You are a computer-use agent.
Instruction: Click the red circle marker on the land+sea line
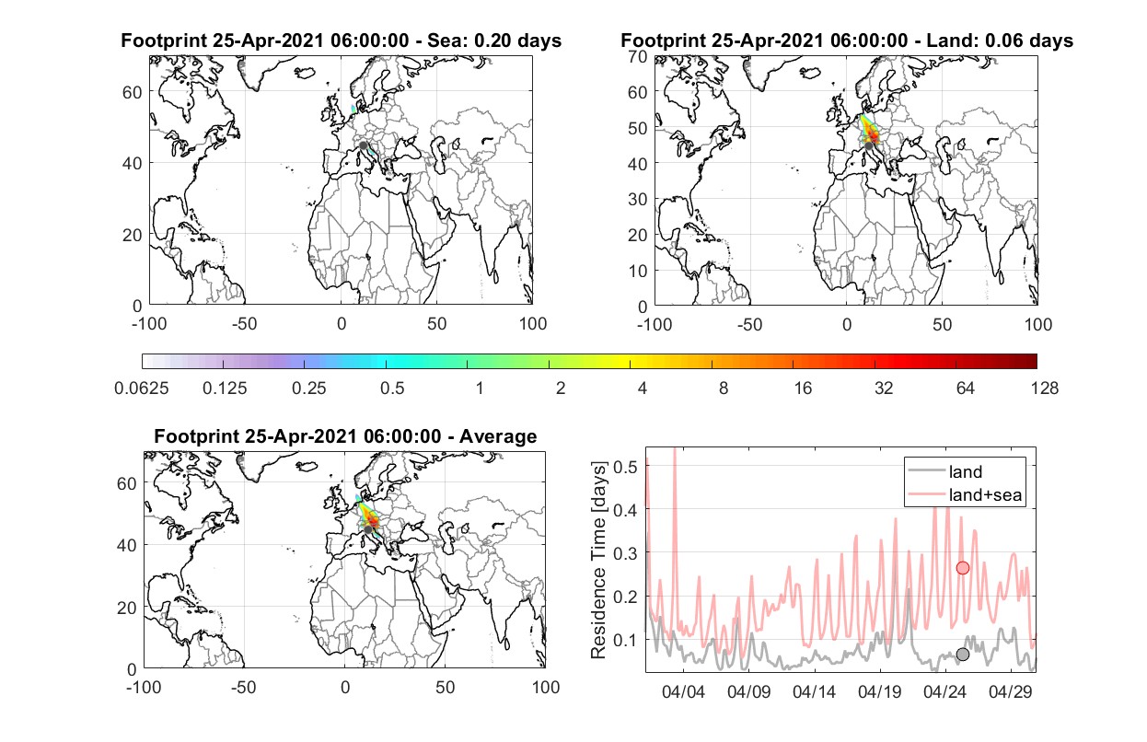click(x=963, y=568)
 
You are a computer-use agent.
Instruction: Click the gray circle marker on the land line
click(x=963, y=655)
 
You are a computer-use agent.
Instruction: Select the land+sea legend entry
click(x=966, y=494)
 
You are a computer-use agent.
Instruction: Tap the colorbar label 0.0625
click(x=142, y=388)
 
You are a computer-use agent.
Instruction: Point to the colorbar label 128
click(x=1044, y=388)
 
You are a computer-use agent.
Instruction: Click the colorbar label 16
click(x=803, y=388)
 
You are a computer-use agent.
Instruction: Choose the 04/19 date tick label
click(x=879, y=691)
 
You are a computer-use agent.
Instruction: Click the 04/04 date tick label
click(x=683, y=691)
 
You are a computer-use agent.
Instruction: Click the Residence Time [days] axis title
click(x=598, y=561)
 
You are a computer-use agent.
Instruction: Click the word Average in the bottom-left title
click(x=498, y=436)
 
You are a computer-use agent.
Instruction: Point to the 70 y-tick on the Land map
click(x=638, y=56)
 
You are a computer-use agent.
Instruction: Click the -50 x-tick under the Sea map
click(x=244, y=324)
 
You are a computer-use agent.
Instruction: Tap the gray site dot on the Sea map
click(x=363, y=145)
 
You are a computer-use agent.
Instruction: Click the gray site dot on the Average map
click(x=368, y=529)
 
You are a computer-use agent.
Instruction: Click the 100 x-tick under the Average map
click(x=545, y=687)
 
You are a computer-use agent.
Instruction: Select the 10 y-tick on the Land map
click(x=638, y=271)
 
